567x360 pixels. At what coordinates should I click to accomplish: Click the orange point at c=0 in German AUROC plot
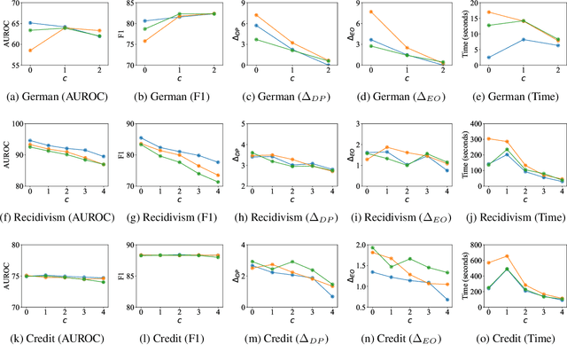pyautogui.click(x=30, y=51)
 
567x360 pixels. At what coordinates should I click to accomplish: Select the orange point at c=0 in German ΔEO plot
pyautogui.click(x=371, y=12)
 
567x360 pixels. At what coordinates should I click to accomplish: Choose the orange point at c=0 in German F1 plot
pyautogui.click(x=144, y=41)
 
